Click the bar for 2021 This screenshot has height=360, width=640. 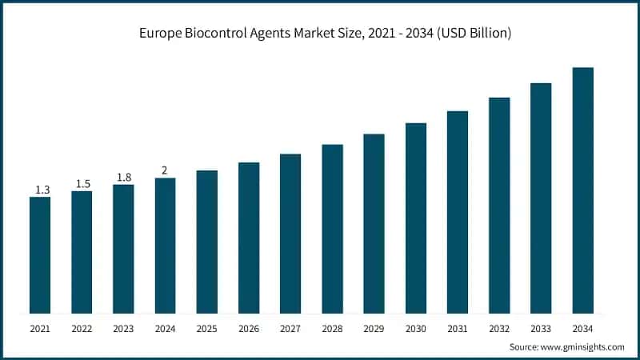40,254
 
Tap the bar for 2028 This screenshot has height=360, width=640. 332,229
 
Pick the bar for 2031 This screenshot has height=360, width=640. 458,212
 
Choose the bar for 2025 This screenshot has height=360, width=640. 207,242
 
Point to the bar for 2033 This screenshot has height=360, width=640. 541,198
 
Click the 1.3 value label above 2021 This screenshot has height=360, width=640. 42,190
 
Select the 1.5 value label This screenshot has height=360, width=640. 82,184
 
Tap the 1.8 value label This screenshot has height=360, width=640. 124,178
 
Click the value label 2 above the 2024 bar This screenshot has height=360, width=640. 165,170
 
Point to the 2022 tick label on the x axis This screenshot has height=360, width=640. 82,328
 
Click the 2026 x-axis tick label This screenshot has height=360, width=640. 249,328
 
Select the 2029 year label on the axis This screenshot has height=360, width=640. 374,328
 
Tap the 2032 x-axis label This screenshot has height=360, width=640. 499,328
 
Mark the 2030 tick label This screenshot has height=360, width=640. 415,328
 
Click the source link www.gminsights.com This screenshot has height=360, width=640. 584,347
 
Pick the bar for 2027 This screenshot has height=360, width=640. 290,234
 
